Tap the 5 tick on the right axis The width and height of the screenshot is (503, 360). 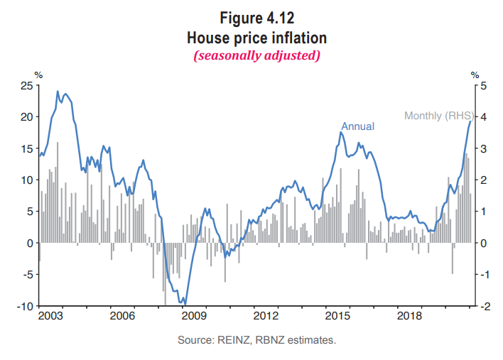click(x=484, y=85)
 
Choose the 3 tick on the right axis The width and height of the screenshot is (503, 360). click(x=484, y=148)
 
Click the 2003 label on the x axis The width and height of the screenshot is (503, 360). click(x=51, y=315)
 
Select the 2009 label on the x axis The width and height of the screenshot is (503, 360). click(x=195, y=315)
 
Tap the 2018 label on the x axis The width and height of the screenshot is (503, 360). click(x=410, y=315)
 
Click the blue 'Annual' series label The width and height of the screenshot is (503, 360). click(x=357, y=126)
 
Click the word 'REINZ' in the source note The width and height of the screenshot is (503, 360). click(x=230, y=341)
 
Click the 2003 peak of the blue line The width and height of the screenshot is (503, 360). click(x=58, y=91)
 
